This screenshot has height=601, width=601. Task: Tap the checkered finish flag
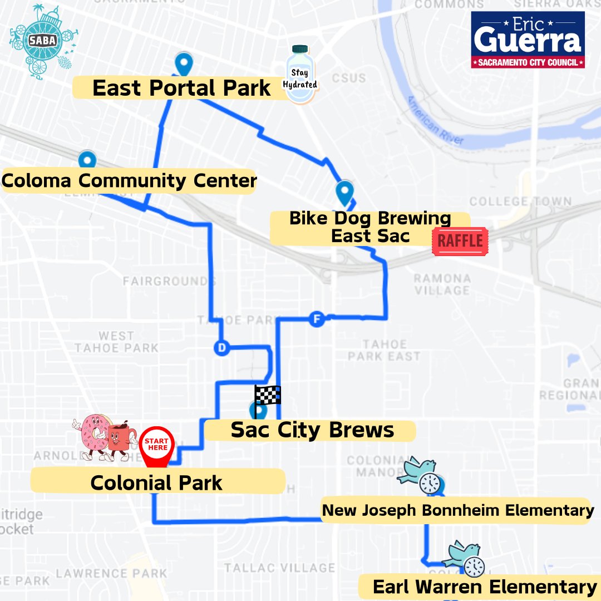coord(267,395)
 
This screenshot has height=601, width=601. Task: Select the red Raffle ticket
coord(460,241)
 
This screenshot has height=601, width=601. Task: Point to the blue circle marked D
coord(221,348)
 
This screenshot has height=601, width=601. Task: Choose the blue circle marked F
coord(317,319)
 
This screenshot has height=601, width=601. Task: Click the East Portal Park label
coord(181,88)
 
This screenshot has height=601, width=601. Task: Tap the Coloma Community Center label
coord(129,181)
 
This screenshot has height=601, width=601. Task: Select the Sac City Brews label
coord(312,430)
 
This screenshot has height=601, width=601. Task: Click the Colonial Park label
coord(157,482)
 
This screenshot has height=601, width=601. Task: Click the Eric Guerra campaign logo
coord(528,40)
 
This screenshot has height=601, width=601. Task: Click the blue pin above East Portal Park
coord(183,64)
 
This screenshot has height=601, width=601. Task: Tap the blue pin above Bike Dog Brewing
coord(345,193)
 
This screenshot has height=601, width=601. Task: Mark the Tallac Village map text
coord(280,568)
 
